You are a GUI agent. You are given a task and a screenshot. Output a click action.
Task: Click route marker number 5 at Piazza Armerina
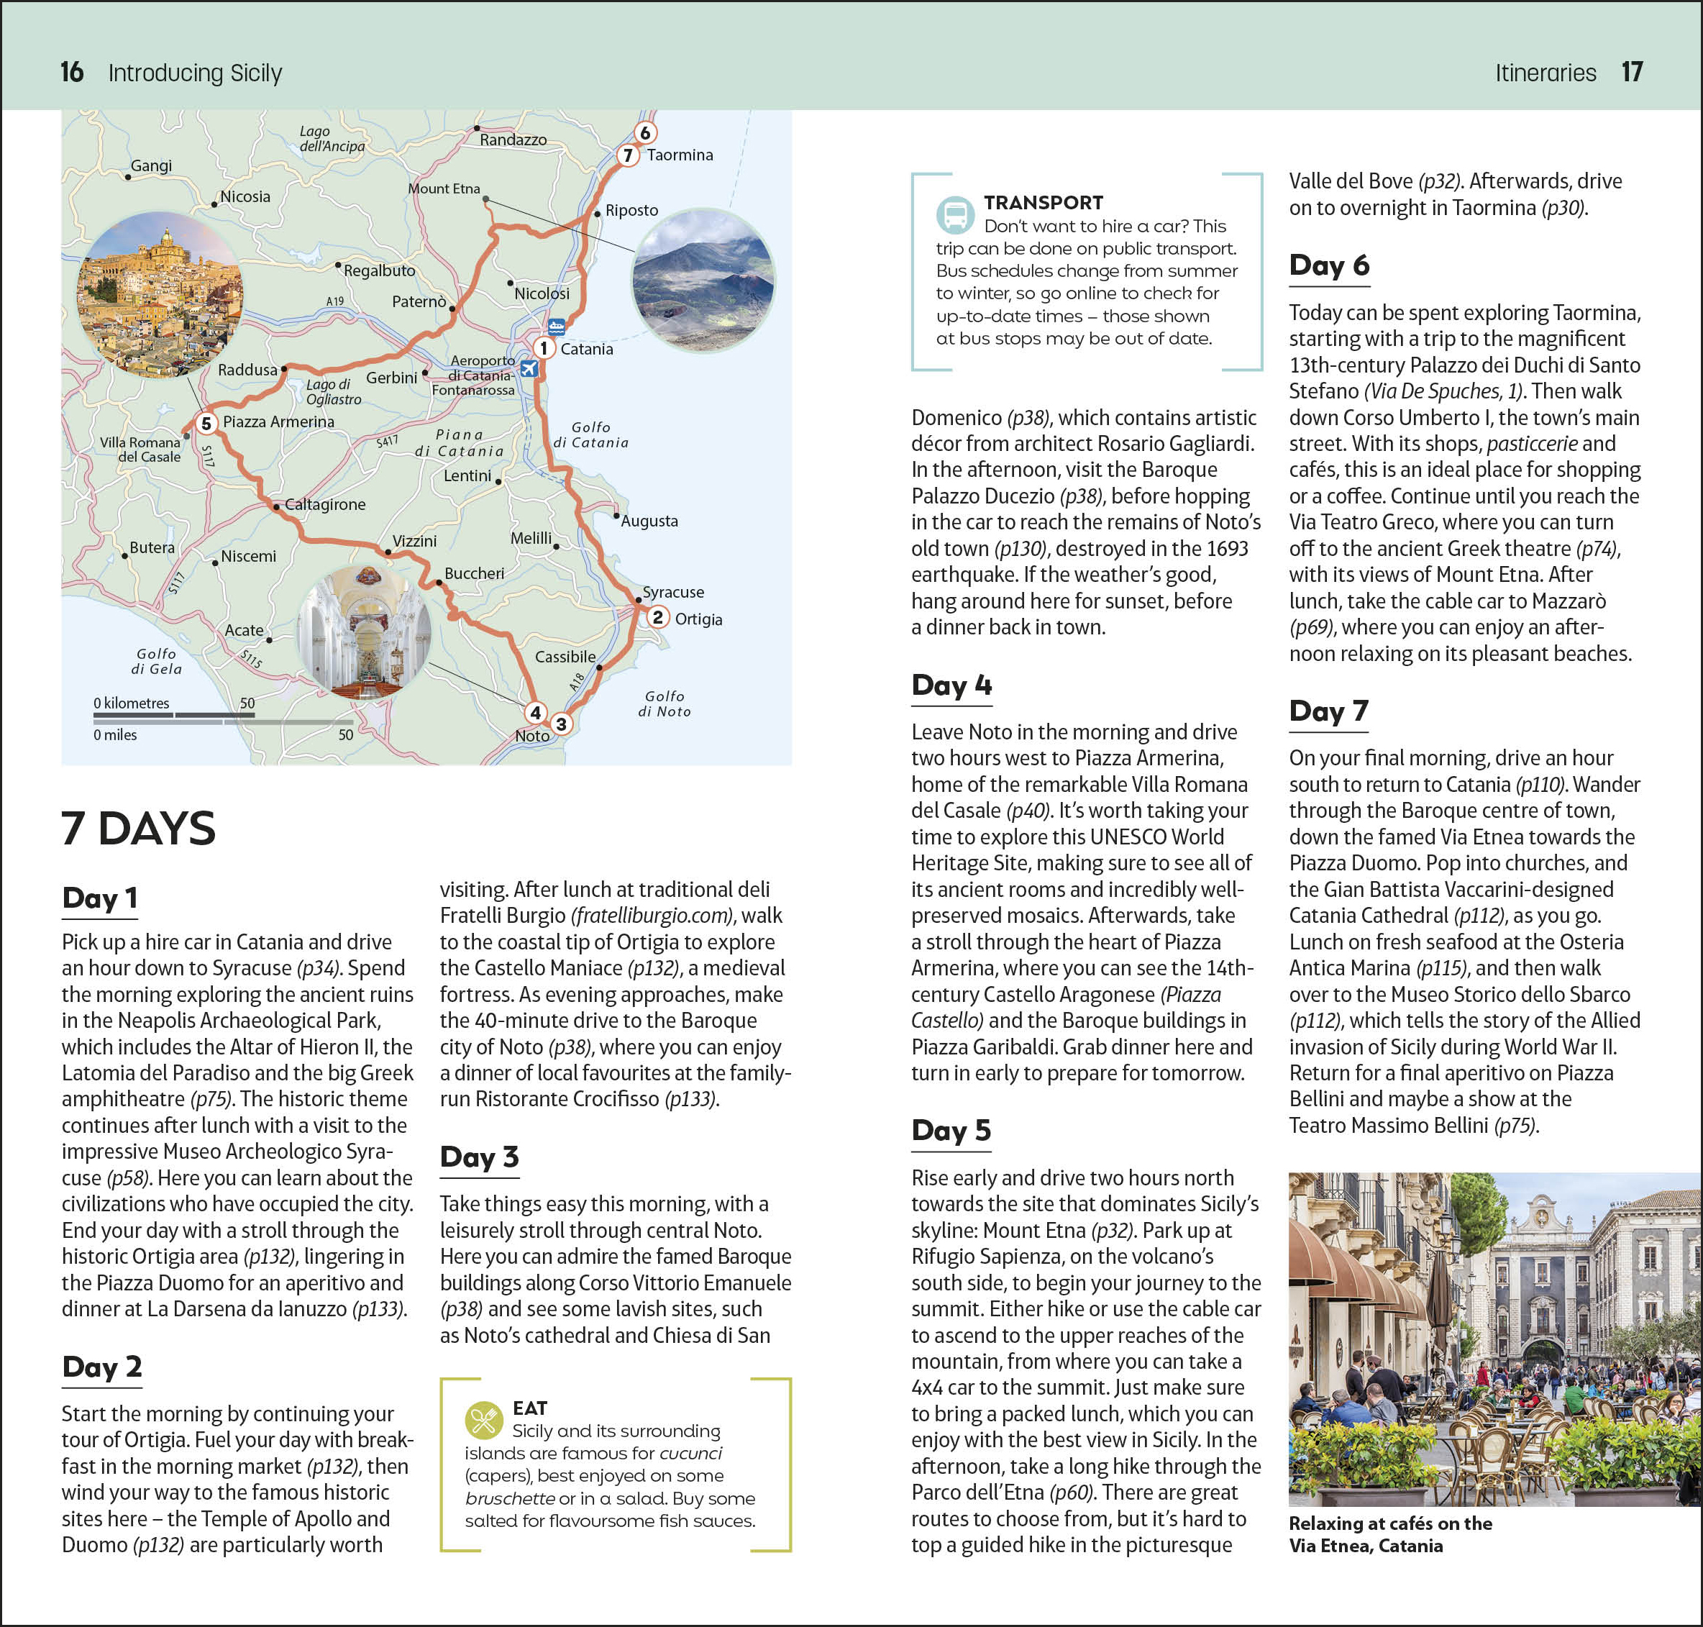(206, 423)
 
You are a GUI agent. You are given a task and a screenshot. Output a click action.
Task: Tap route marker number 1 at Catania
(544, 348)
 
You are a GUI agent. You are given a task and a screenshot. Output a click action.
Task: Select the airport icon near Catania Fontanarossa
(528, 368)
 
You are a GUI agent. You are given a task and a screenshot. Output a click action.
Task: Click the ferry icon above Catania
(556, 326)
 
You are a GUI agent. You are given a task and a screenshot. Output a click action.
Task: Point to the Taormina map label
(680, 155)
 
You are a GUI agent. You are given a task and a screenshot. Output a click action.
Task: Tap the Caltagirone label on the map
(325, 504)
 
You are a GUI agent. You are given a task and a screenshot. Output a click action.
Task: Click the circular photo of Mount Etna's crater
(704, 279)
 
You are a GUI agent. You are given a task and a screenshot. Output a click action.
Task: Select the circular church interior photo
(364, 632)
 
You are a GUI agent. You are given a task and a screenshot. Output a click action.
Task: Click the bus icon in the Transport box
(954, 214)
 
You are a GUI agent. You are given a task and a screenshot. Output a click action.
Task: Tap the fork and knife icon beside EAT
(484, 1420)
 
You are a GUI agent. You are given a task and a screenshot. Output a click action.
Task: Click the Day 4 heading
(951, 685)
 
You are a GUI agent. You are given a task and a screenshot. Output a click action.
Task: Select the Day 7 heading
(1328, 711)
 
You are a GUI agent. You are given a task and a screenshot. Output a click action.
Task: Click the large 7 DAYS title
(139, 828)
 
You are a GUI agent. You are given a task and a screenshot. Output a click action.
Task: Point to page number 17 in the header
(1632, 72)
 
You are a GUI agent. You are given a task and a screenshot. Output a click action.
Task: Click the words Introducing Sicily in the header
(195, 73)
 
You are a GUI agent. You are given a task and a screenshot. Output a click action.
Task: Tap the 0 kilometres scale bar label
(132, 703)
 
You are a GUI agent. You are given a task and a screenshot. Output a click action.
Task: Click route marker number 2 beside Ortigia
(658, 616)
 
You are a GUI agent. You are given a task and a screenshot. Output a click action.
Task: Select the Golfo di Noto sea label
(665, 703)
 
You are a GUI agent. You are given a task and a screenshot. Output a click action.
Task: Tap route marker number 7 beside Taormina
(628, 155)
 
